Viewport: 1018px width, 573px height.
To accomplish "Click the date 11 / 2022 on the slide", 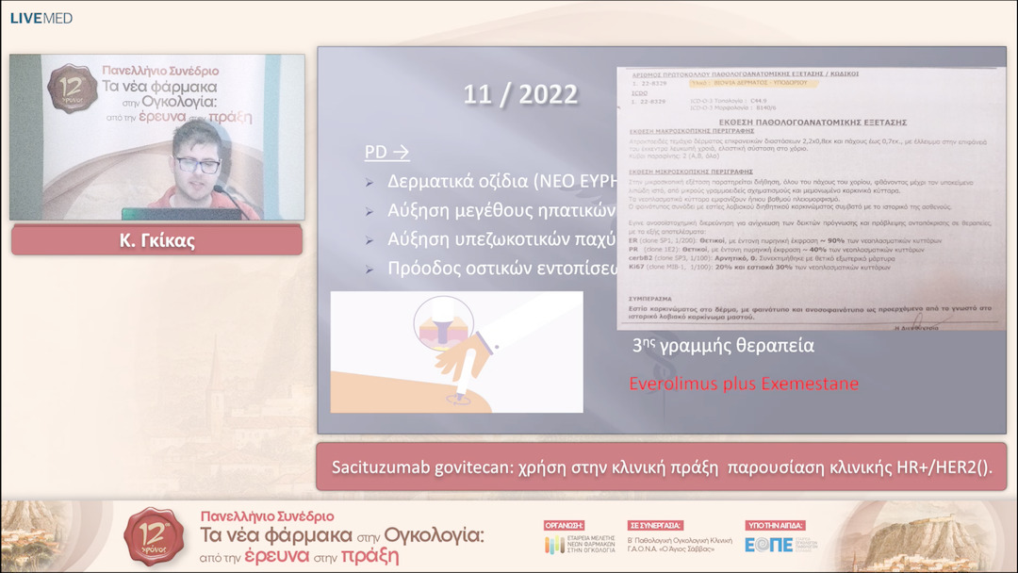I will (520, 95).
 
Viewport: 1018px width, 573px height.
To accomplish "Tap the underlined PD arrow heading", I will (386, 152).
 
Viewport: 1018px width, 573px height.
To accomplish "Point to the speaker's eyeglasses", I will (198, 165).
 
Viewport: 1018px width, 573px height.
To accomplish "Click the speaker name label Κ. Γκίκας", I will (156, 240).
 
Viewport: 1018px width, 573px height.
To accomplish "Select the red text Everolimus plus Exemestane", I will (744, 384).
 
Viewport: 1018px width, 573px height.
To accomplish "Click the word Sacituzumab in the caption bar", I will (381, 467).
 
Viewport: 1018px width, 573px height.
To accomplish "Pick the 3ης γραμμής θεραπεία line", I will (723, 346).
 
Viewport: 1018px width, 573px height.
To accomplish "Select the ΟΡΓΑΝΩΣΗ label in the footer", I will (565, 525).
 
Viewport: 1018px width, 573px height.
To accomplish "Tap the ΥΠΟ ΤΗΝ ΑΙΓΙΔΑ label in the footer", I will (774, 525).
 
